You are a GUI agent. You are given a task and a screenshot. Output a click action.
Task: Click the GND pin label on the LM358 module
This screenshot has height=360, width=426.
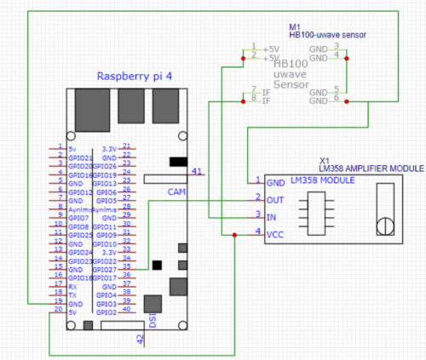(x=276, y=182)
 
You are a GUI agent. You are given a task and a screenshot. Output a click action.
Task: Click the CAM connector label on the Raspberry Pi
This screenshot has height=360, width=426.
(x=176, y=191)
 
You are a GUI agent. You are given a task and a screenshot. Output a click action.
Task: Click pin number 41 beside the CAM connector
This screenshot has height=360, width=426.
(x=197, y=171)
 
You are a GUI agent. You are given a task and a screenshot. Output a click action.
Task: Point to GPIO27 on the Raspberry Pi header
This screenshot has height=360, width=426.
(x=104, y=268)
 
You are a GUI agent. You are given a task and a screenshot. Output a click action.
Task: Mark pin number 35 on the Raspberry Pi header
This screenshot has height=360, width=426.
(x=126, y=268)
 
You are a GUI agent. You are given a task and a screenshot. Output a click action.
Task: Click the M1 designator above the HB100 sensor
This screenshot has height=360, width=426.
(x=295, y=27)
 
